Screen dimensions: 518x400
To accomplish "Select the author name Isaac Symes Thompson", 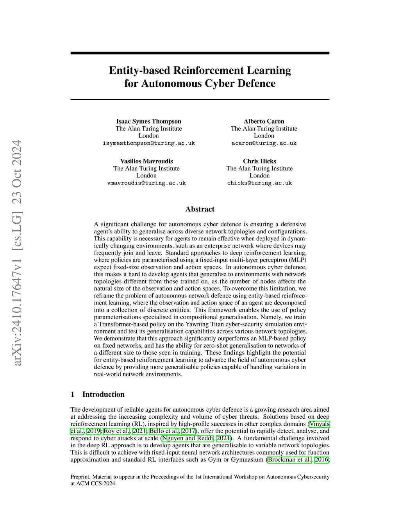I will coord(148,121).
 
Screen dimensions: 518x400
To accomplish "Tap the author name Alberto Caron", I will coord(264,121).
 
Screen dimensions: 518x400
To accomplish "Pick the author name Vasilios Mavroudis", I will coord(146,161).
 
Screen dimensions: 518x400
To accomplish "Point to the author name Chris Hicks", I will coord(259,161).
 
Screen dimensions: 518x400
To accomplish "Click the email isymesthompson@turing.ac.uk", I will coord(148,143).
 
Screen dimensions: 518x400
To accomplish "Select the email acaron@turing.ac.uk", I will coord(264,143).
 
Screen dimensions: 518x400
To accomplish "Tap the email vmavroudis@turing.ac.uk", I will coord(146,183).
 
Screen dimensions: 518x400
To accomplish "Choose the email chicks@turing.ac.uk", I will coord(259,183).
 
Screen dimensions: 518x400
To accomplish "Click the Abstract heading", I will coord(200,209).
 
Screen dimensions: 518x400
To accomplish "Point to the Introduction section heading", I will coord(103,394).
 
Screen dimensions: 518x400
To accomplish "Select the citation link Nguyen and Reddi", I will coord(187,438).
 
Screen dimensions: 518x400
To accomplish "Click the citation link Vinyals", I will coord(320,424).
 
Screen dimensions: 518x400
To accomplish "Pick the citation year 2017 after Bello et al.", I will coord(189,431).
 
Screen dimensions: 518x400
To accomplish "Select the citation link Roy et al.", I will coord(116,431).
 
